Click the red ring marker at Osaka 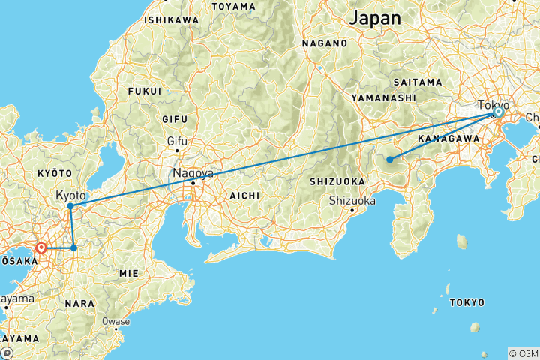[41, 247]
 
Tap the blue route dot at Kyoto [70, 206]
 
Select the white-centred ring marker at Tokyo [497, 112]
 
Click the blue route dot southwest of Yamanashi [389, 159]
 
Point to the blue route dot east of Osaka [73, 247]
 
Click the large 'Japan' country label [375, 17]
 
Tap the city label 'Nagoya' [193, 173]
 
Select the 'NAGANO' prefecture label [325, 43]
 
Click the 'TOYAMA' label [233, 6]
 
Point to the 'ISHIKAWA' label [172, 19]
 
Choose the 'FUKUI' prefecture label [145, 91]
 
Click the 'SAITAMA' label [418, 81]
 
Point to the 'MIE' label [128, 274]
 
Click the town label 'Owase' [116, 322]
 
